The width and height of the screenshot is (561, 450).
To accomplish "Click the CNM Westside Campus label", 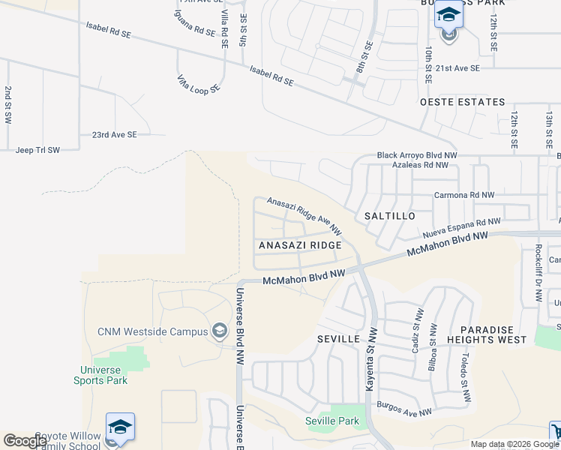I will click(x=152, y=331).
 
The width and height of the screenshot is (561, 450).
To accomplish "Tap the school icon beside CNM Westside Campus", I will click(x=220, y=331).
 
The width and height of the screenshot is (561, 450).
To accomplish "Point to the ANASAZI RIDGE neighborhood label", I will click(x=300, y=245).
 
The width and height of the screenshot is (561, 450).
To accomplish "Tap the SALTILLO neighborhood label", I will click(x=389, y=216).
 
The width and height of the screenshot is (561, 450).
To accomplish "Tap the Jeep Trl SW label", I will click(x=37, y=150).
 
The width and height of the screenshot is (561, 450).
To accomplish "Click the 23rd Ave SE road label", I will click(x=115, y=135).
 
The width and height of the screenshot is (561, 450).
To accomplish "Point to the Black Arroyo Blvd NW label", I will click(x=416, y=155).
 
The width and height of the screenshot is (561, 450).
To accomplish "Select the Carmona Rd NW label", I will click(x=464, y=195).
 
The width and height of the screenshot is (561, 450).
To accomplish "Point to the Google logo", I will click(x=25, y=441).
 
